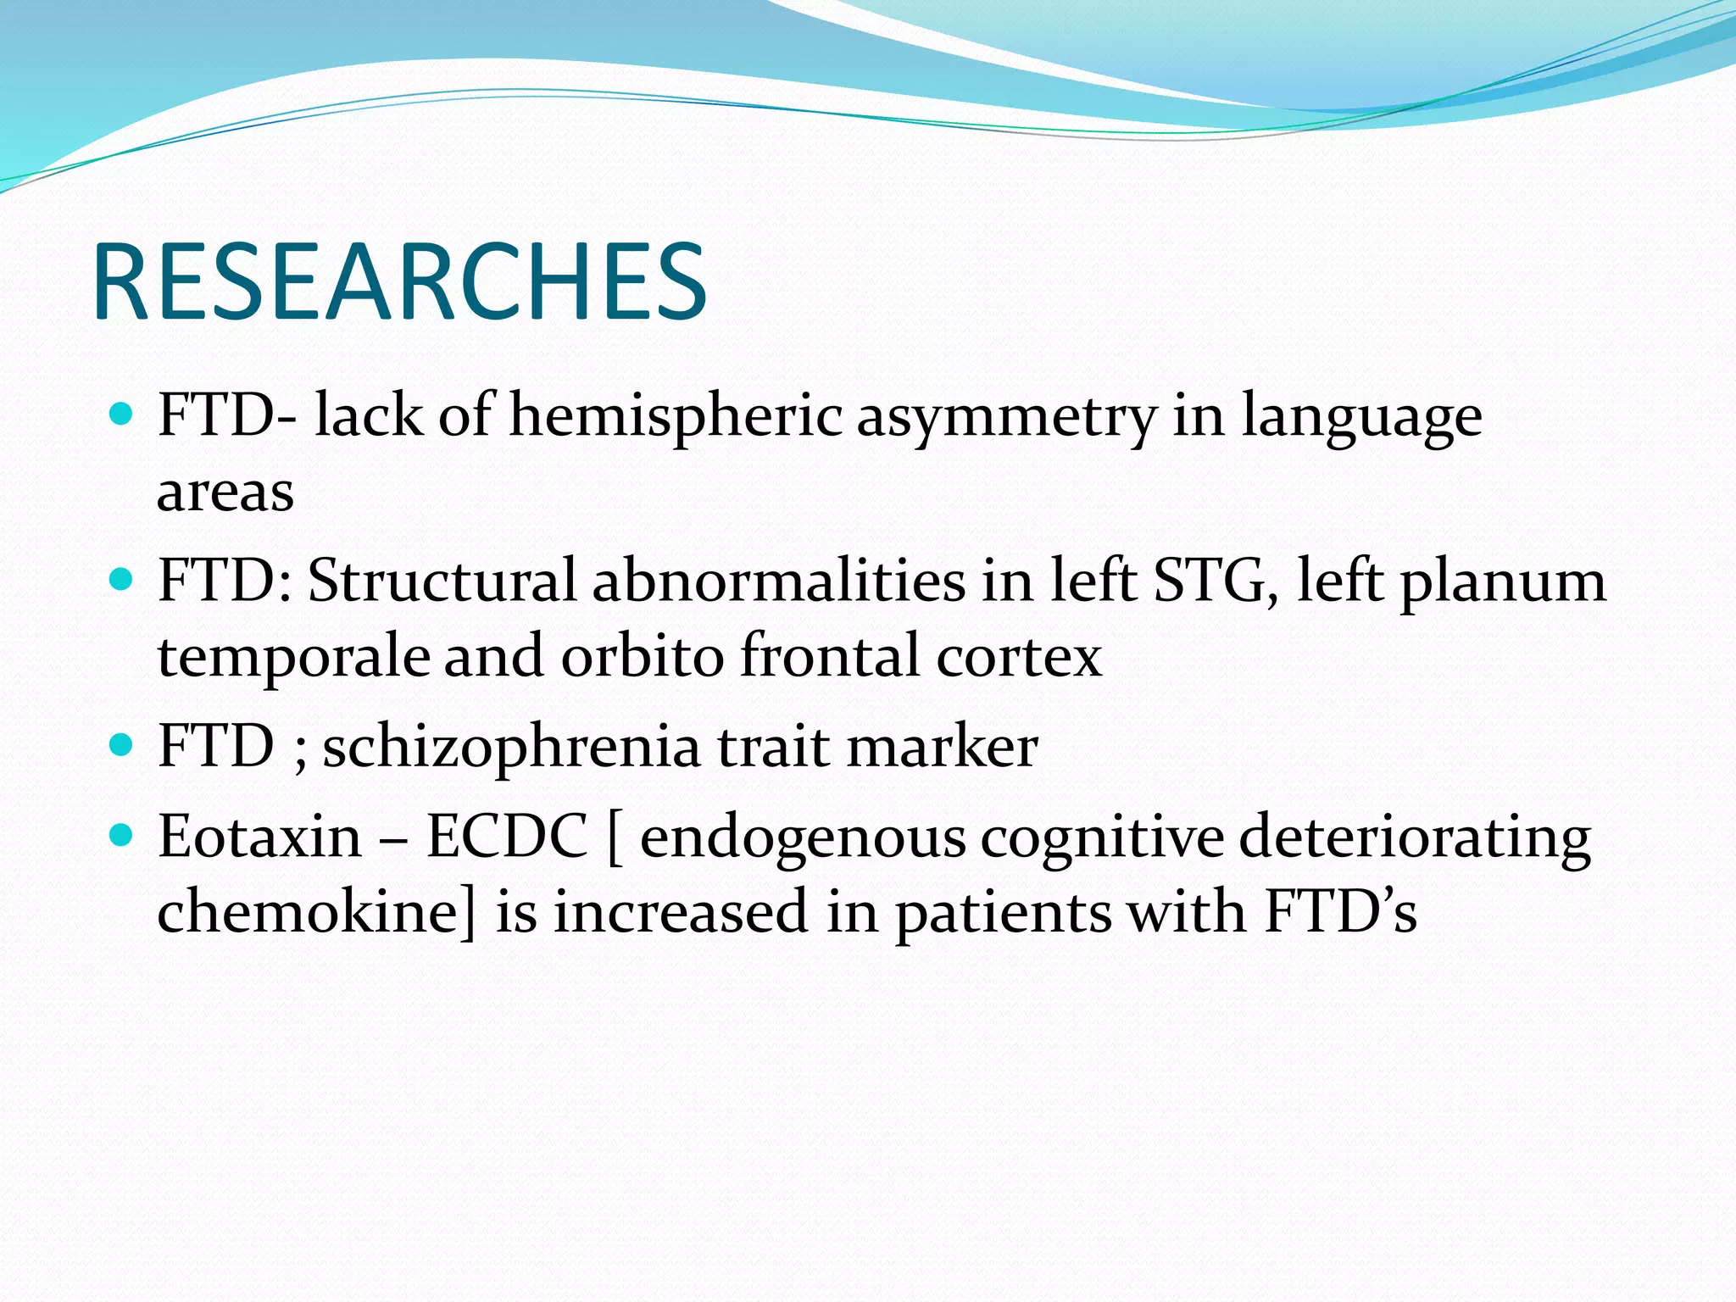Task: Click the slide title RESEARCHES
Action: click(399, 281)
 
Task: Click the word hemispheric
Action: click(676, 416)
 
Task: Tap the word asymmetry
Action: click(1006, 418)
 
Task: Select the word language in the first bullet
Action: click(1361, 418)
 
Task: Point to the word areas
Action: click(225, 492)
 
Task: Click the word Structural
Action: click(442, 581)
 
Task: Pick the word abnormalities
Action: click(778, 581)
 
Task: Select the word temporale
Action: click(293, 658)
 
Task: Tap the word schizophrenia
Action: click(512, 748)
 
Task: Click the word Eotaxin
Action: click(260, 837)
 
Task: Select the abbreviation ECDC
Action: click(506, 837)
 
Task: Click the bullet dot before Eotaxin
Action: click(122, 836)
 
